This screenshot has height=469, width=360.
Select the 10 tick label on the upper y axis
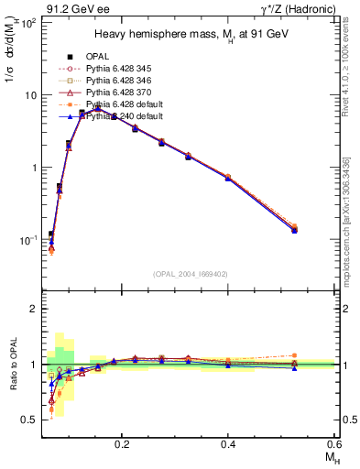[30, 95]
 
